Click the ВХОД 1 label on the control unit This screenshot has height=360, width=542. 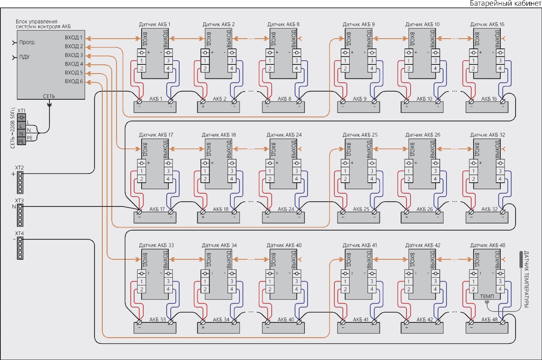(73, 38)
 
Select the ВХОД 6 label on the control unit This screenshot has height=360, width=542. (73, 81)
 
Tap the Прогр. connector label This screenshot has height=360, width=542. (27, 42)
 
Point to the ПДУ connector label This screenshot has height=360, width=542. (24, 57)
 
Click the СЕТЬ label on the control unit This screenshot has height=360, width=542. (49, 96)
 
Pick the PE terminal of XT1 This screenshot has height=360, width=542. (21, 141)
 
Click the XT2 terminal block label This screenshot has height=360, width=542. (19, 167)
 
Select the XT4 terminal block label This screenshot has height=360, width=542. (19, 233)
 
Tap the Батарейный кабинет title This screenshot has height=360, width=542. (505, 3)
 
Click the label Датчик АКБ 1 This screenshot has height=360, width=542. (155, 24)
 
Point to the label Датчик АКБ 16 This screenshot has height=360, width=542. (487, 24)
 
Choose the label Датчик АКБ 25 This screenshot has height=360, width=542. (360, 135)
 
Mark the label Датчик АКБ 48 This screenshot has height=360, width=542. (487, 245)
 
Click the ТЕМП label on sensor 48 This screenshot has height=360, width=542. (487, 296)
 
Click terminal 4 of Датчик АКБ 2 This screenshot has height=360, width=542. (232, 69)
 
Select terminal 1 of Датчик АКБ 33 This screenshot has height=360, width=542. (142, 282)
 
